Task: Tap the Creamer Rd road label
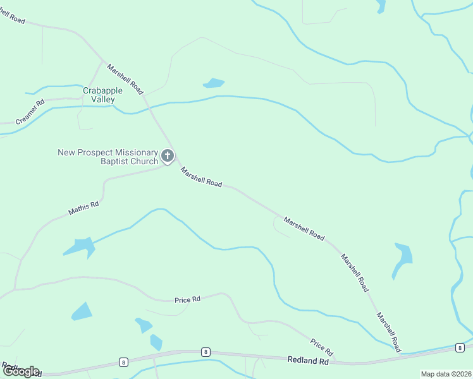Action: click(30, 111)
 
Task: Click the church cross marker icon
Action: click(168, 155)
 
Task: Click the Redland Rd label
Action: click(308, 361)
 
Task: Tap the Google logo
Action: click(20, 371)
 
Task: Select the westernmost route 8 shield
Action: click(123, 362)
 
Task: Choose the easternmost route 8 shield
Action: click(458, 347)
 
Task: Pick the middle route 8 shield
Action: click(205, 352)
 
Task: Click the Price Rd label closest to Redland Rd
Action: click(321, 346)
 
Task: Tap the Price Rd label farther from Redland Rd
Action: click(187, 299)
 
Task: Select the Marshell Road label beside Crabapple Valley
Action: click(125, 79)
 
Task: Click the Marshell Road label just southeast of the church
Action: click(201, 177)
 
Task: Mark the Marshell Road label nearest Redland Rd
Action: click(388, 332)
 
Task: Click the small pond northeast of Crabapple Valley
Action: click(214, 83)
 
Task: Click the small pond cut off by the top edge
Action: click(381, 6)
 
